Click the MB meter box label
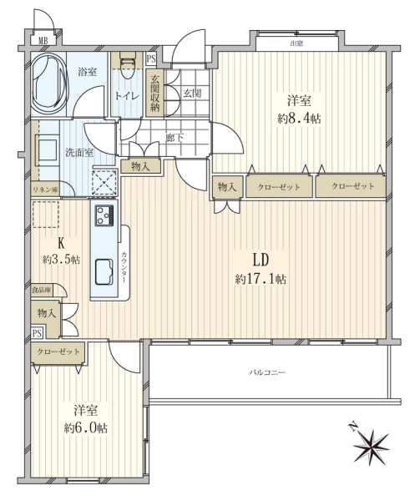coord(43,40)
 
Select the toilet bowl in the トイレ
coord(128,66)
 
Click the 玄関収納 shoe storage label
coord(155,94)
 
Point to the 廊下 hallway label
coord(175,138)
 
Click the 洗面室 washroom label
coord(79,153)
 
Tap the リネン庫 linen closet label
coord(45,190)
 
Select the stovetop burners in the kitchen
coord(104,215)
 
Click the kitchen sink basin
coord(104,271)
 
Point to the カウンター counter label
coord(124,267)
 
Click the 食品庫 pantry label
coord(42,291)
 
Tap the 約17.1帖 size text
coord(261,280)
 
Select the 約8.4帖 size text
coord(299,119)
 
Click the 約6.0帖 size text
coord(86,428)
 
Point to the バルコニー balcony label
coord(267,372)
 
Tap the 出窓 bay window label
coord(296,43)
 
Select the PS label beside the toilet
coord(151,59)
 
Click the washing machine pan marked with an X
coord(104,183)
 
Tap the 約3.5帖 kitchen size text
coord(61,260)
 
